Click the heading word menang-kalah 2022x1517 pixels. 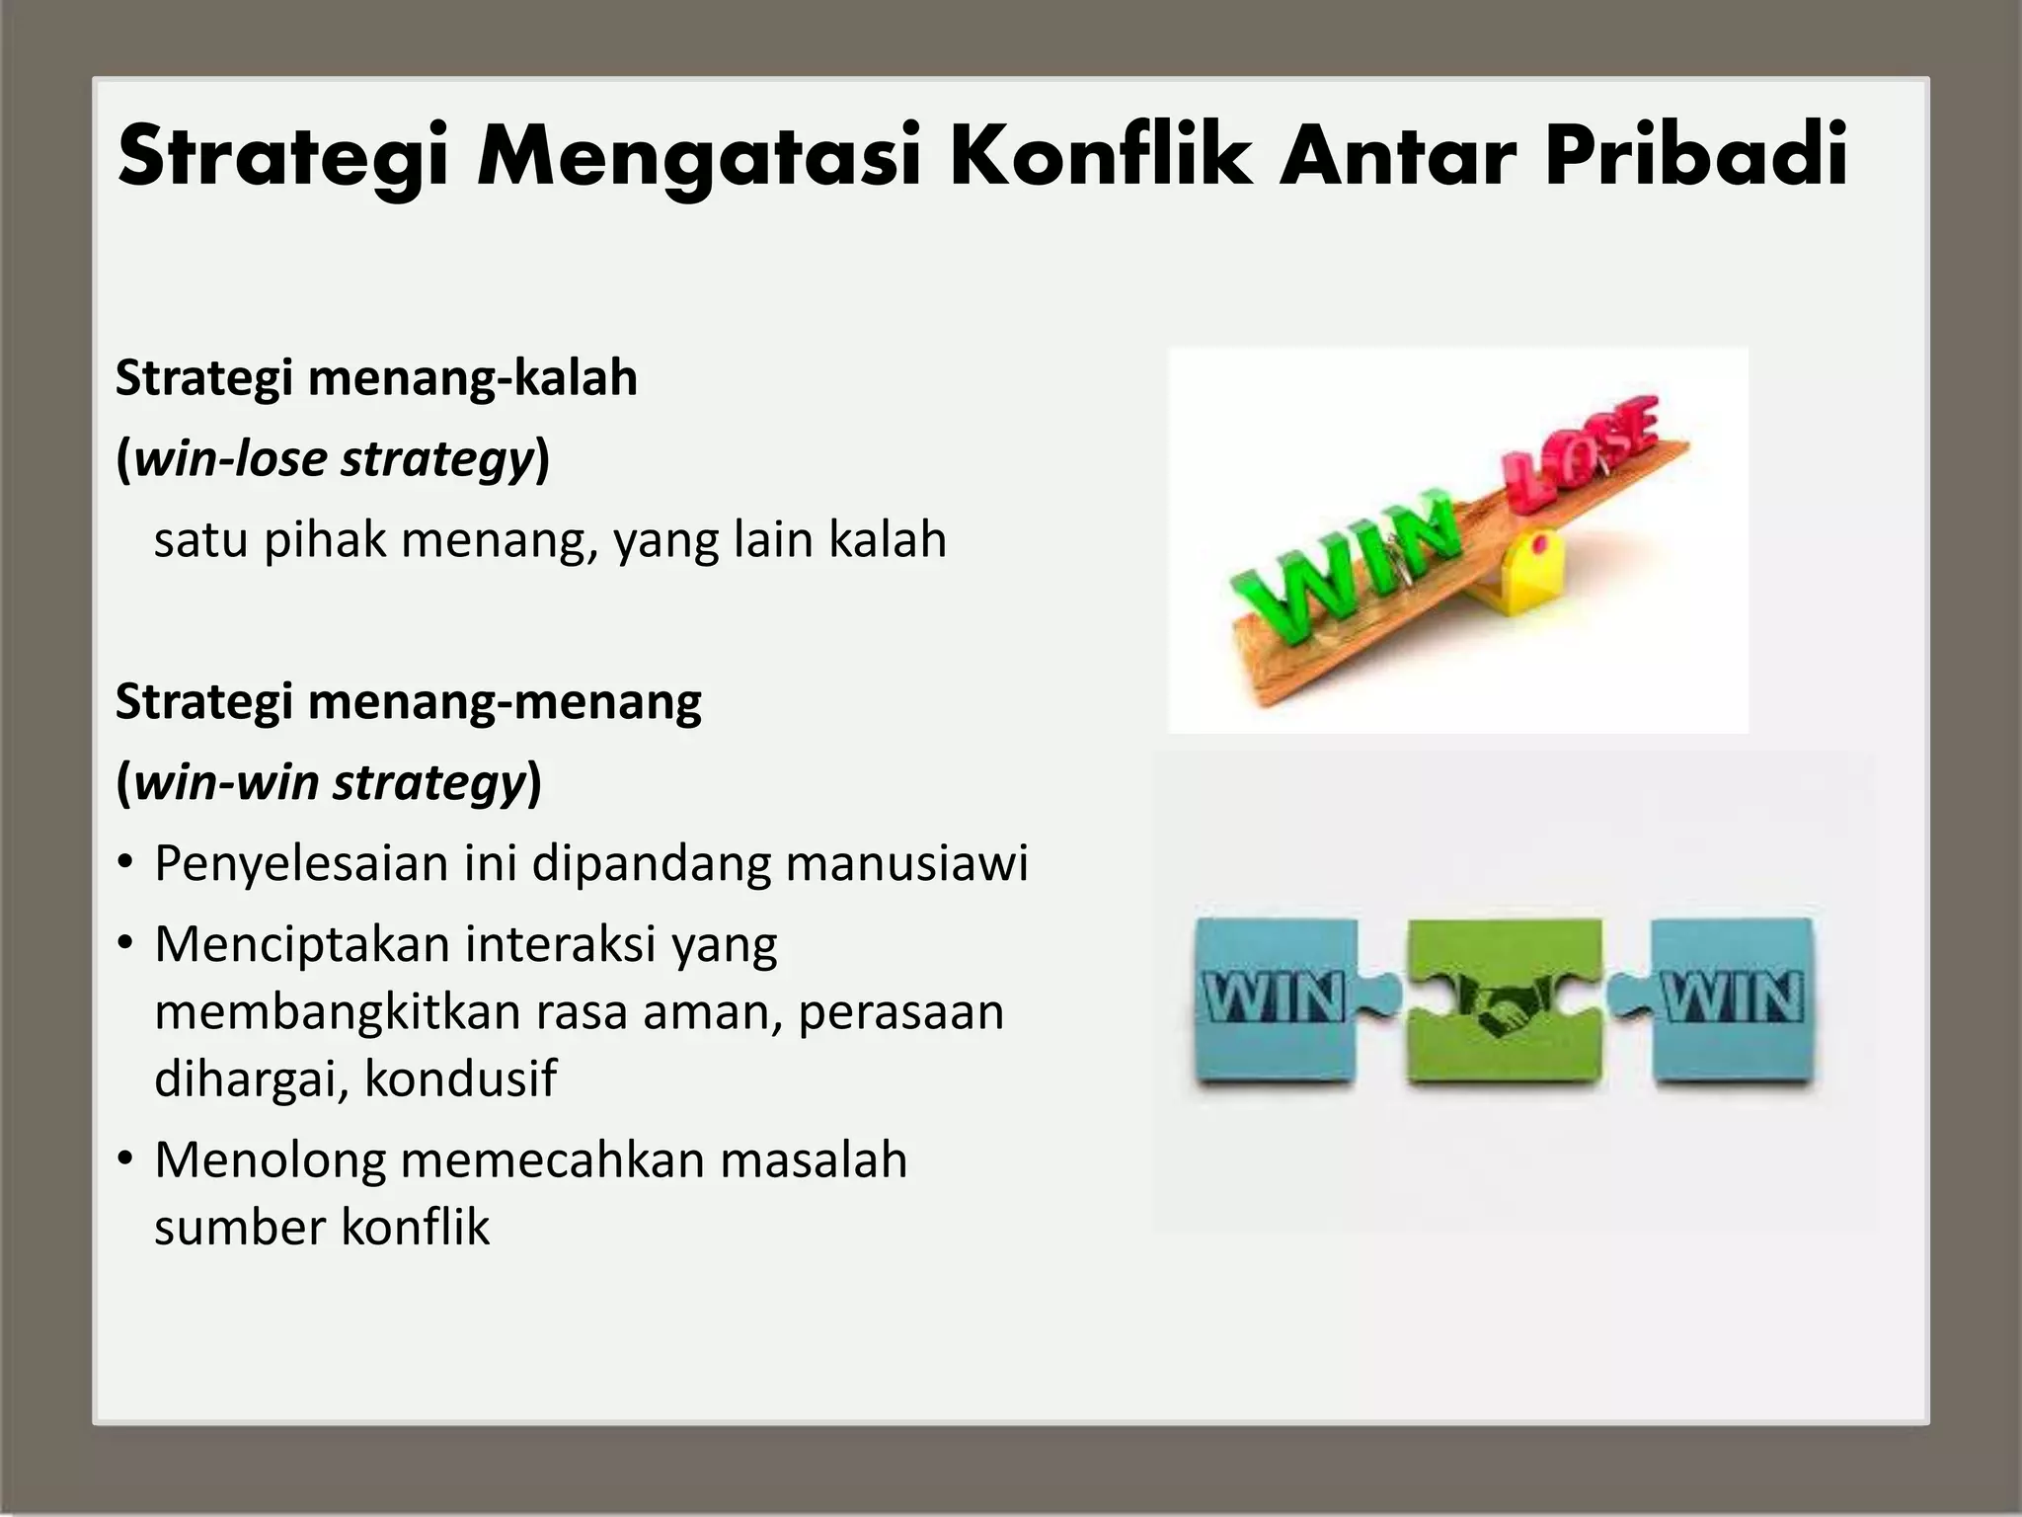[x=473, y=378]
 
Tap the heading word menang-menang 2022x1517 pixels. [x=505, y=702]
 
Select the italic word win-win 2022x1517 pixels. [x=227, y=783]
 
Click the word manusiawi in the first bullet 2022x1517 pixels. [x=907, y=863]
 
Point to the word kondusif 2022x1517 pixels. [x=460, y=1078]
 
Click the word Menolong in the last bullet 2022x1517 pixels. [x=270, y=1159]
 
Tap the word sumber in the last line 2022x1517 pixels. [x=240, y=1228]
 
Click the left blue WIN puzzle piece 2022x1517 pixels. [x=1275, y=999]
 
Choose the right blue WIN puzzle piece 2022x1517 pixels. [x=1733, y=999]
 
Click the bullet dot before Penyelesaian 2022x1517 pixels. [x=124, y=864]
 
